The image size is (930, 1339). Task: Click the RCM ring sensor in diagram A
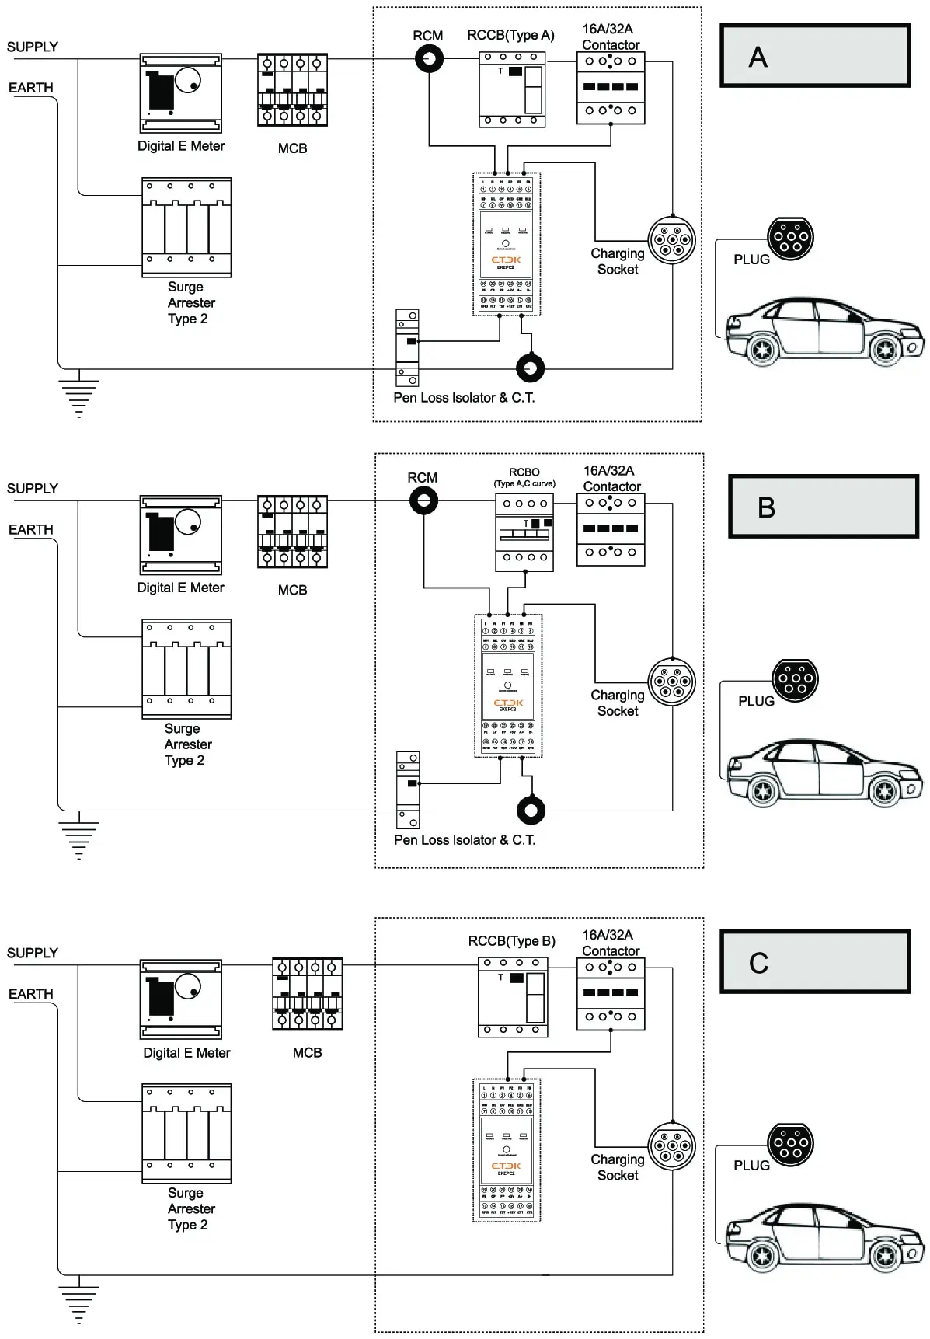click(x=427, y=59)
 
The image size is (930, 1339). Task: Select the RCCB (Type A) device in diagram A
click(x=511, y=89)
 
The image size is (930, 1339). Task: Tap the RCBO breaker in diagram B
click(x=524, y=532)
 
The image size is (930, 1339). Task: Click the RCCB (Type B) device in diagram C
click(x=512, y=997)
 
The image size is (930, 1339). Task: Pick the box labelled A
click(x=814, y=55)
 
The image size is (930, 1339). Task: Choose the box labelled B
click(x=823, y=507)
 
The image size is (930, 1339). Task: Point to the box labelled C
click(x=814, y=962)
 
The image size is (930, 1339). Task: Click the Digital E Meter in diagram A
click(x=180, y=93)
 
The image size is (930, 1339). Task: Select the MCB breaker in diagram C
click(x=307, y=995)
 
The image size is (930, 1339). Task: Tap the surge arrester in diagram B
click(x=186, y=668)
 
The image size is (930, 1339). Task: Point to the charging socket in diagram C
click(x=672, y=1145)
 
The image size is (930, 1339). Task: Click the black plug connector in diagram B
click(x=795, y=680)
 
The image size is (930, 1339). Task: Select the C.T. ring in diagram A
click(x=531, y=368)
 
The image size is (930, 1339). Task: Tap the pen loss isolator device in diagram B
click(x=408, y=790)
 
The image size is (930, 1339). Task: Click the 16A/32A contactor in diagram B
click(x=611, y=529)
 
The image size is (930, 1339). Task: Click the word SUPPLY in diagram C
click(x=33, y=953)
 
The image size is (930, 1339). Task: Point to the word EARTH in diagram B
click(x=31, y=530)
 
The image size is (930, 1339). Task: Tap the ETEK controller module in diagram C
click(x=507, y=1150)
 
